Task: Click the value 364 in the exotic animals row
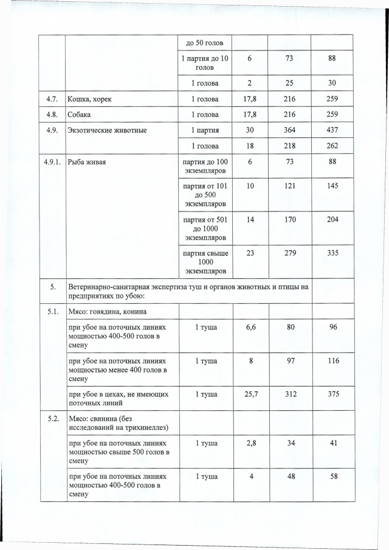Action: point(289,130)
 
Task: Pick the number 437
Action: point(332,130)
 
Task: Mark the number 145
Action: point(332,185)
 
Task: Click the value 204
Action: point(332,219)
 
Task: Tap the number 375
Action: point(332,394)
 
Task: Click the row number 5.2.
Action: point(53,419)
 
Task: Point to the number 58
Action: point(332,476)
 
